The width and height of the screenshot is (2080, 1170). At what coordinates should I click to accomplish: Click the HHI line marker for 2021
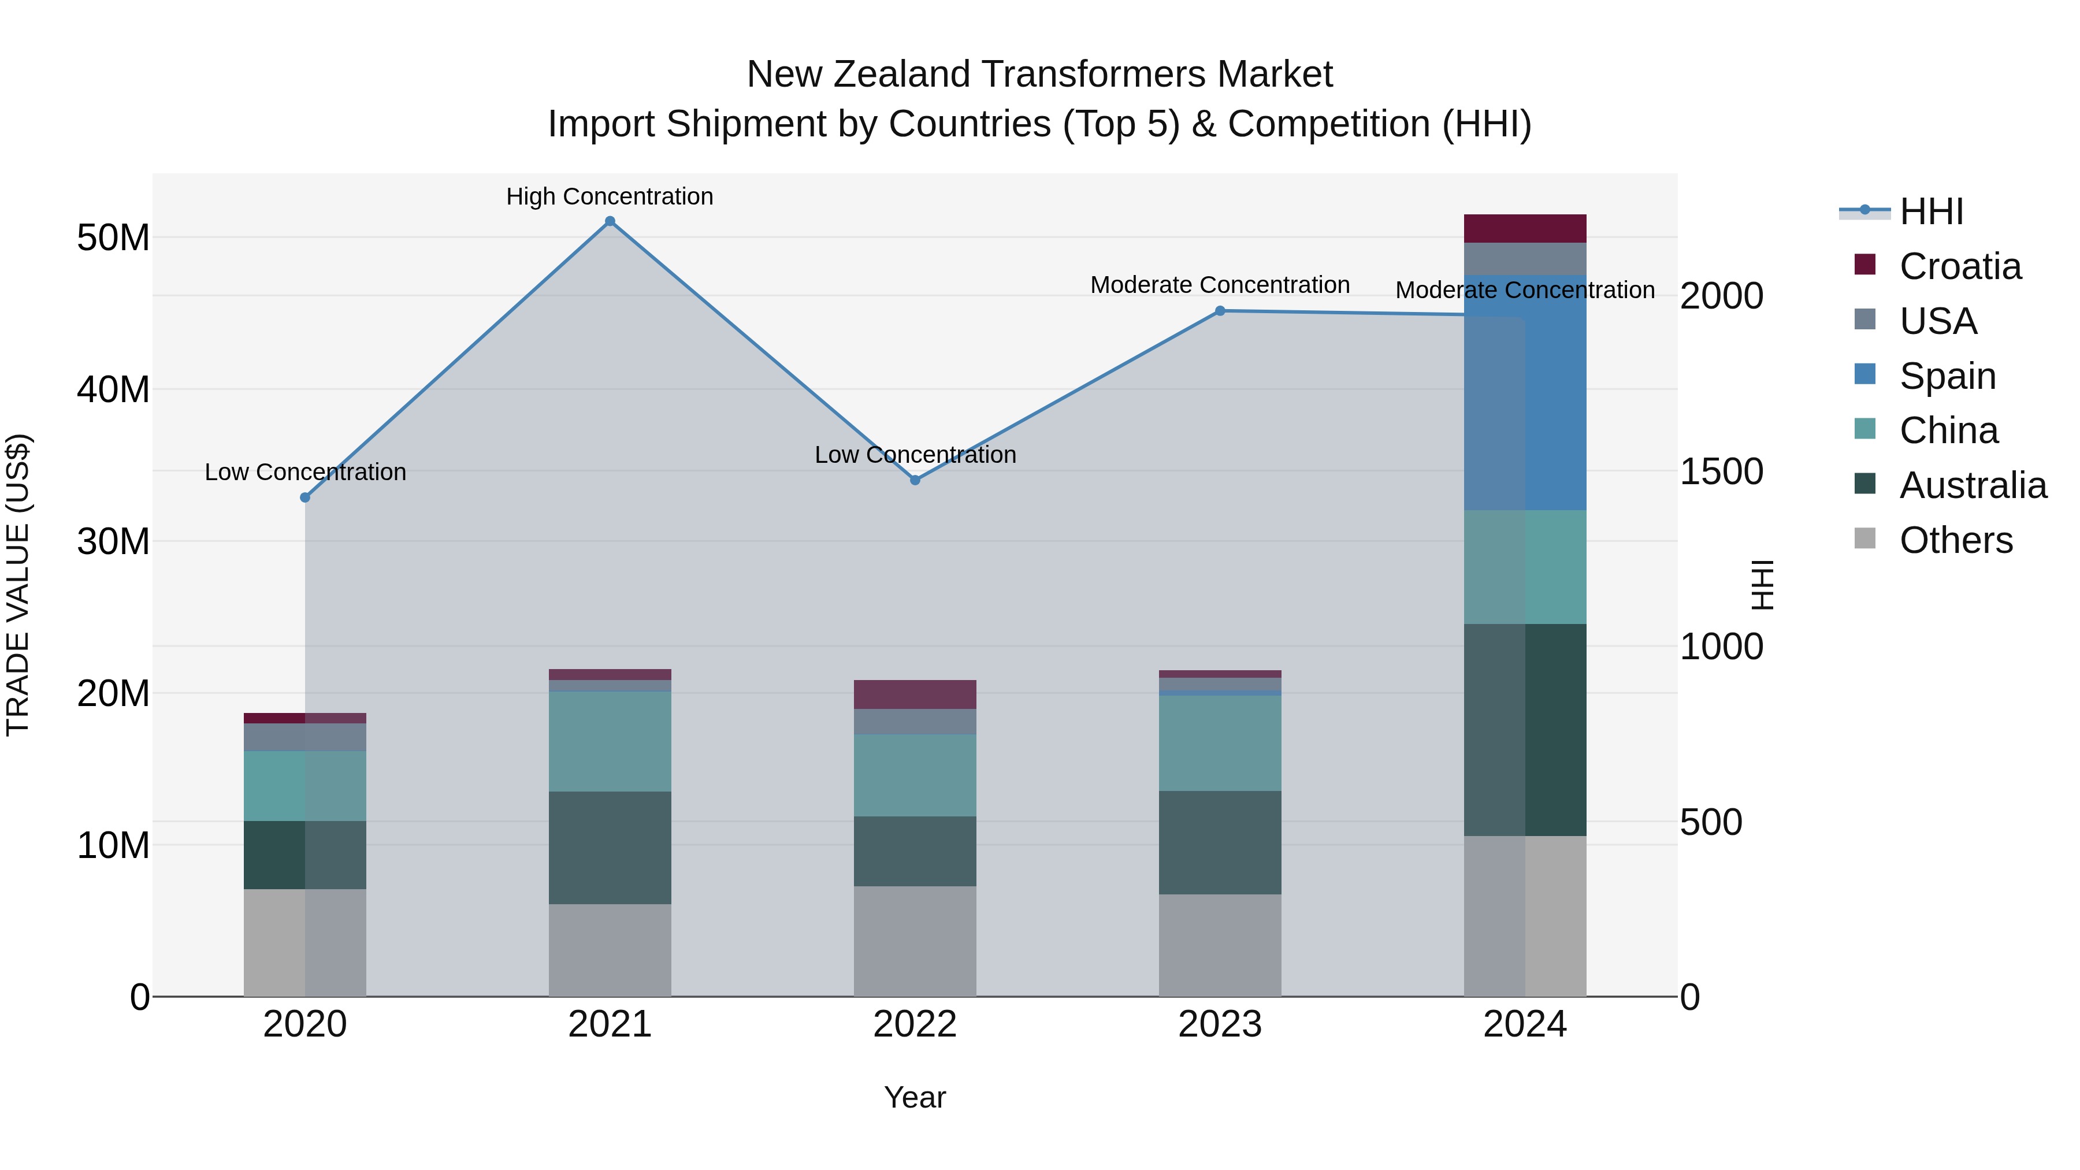click(x=610, y=221)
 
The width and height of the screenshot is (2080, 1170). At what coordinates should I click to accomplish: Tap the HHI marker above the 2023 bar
click(x=1220, y=311)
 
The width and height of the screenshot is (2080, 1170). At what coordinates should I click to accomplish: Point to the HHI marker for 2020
click(x=305, y=498)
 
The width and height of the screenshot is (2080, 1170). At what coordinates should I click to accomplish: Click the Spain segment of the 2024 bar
click(x=1525, y=393)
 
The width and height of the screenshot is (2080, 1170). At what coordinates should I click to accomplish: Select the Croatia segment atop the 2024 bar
click(x=1525, y=228)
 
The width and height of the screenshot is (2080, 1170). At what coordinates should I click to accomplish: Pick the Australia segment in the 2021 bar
click(x=610, y=847)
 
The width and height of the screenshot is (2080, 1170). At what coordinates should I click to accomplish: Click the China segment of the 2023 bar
click(x=1220, y=743)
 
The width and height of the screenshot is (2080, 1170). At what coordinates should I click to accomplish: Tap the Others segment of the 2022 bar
click(x=915, y=941)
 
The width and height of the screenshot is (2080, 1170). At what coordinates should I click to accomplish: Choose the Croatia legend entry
click(x=1960, y=266)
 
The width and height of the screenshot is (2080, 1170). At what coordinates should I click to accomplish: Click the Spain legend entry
click(x=1947, y=376)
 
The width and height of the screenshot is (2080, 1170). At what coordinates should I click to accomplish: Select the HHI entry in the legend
click(x=1930, y=211)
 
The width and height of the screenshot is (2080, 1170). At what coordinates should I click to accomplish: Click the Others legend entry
click(x=1955, y=540)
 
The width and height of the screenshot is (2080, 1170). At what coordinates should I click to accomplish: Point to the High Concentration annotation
click(x=610, y=196)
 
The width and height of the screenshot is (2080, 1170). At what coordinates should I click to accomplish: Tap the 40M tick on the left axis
click(x=113, y=389)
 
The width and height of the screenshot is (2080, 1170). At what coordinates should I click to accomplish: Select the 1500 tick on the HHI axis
click(x=1721, y=471)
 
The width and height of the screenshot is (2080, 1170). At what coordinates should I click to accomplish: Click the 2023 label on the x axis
click(x=1220, y=1024)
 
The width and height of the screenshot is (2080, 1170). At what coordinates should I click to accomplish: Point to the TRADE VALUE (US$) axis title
click(x=18, y=585)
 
